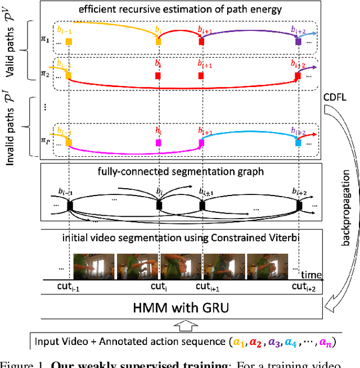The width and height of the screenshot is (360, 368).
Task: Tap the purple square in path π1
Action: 299,42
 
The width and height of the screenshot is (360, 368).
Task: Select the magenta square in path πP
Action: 158,143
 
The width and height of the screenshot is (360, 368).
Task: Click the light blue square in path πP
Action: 299,143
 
